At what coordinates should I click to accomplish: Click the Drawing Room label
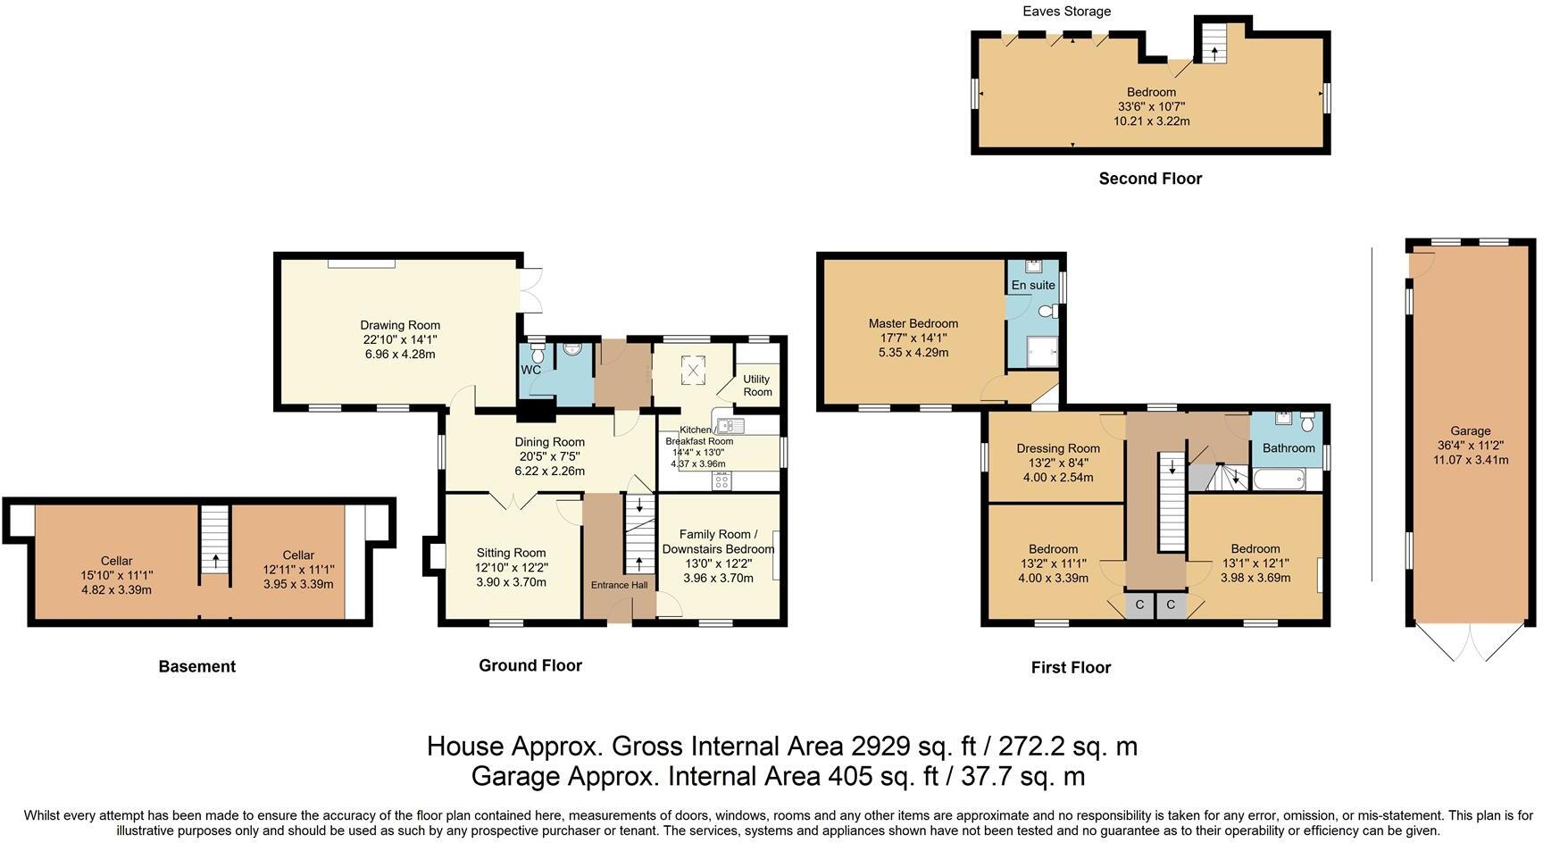(x=400, y=325)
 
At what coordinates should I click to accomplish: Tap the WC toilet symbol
(x=537, y=348)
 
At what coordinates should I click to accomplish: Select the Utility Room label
(x=757, y=386)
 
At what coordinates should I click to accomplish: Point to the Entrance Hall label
(x=620, y=585)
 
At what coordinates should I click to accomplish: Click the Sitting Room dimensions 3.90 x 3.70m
(x=511, y=581)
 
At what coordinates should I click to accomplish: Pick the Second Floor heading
(x=1150, y=179)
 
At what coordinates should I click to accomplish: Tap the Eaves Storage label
(x=1067, y=12)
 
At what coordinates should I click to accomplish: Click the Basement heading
(x=197, y=666)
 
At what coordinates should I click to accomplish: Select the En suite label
(x=1033, y=285)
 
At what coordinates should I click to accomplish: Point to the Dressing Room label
(x=1058, y=448)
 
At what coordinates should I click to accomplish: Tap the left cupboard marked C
(x=1139, y=605)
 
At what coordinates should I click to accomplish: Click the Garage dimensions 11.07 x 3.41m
(x=1471, y=460)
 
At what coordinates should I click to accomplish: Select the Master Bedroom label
(x=913, y=323)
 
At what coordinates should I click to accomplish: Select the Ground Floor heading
(x=530, y=665)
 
